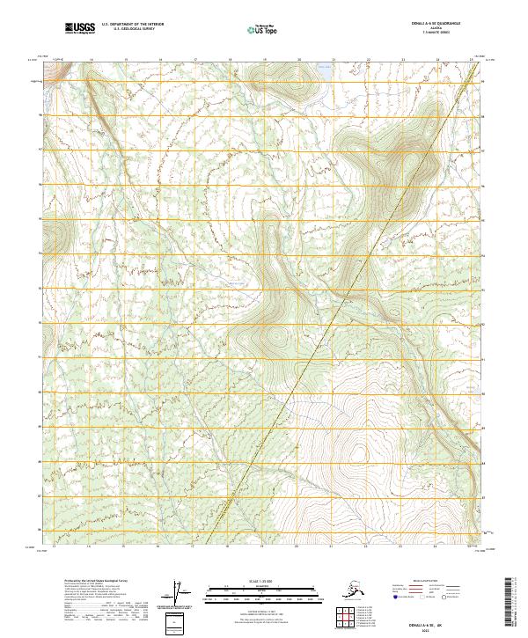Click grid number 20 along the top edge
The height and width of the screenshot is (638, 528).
(298, 60)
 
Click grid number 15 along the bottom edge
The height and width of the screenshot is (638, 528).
(126, 545)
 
